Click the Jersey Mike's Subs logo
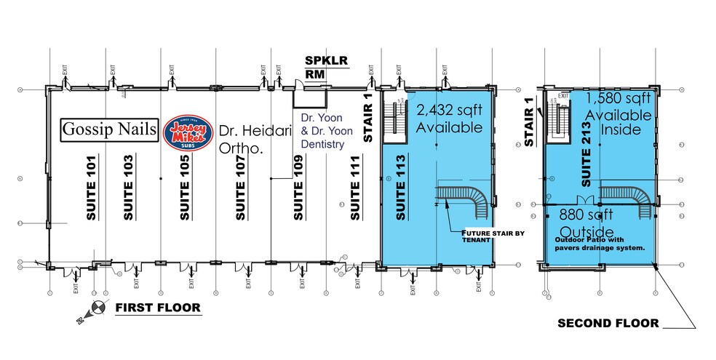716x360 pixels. pyautogui.click(x=188, y=131)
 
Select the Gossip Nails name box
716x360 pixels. pyautogui.click(x=109, y=130)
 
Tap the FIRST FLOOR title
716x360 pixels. pyautogui.click(x=157, y=308)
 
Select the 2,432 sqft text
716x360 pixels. pyautogui.click(x=448, y=111)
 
